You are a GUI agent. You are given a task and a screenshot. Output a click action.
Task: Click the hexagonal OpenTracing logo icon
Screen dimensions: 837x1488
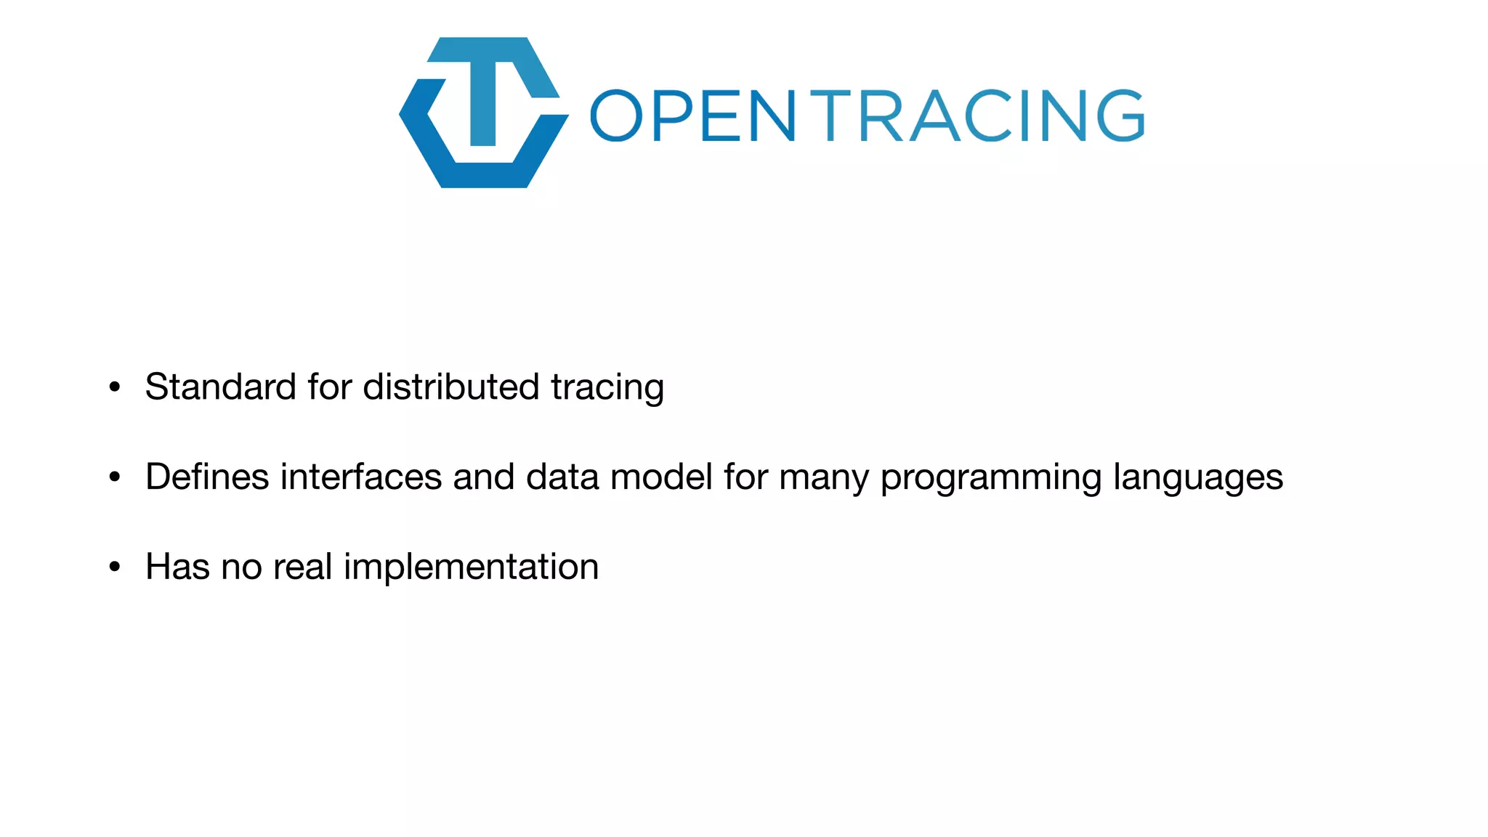pos(483,113)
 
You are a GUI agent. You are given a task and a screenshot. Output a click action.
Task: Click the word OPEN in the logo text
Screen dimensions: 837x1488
pos(692,116)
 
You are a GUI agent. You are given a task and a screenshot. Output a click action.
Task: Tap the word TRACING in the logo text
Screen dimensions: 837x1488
pos(978,116)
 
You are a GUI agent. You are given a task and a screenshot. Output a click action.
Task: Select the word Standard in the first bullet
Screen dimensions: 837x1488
pos(220,387)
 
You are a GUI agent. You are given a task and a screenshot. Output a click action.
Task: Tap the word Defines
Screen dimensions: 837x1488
pos(207,477)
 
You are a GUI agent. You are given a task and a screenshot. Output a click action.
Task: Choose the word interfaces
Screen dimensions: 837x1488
pos(361,477)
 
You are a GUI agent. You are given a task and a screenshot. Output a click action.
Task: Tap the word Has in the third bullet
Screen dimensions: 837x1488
pos(177,567)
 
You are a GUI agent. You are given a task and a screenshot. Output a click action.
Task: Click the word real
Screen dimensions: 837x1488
pos(303,567)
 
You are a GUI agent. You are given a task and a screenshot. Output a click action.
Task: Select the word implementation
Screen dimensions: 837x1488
pos(471,567)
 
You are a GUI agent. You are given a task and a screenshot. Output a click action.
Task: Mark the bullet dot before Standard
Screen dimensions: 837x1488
pos(115,387)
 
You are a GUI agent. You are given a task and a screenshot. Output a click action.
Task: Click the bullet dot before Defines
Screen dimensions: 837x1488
pos(115,477)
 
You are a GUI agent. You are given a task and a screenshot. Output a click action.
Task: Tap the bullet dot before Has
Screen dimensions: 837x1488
pos(115,567)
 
